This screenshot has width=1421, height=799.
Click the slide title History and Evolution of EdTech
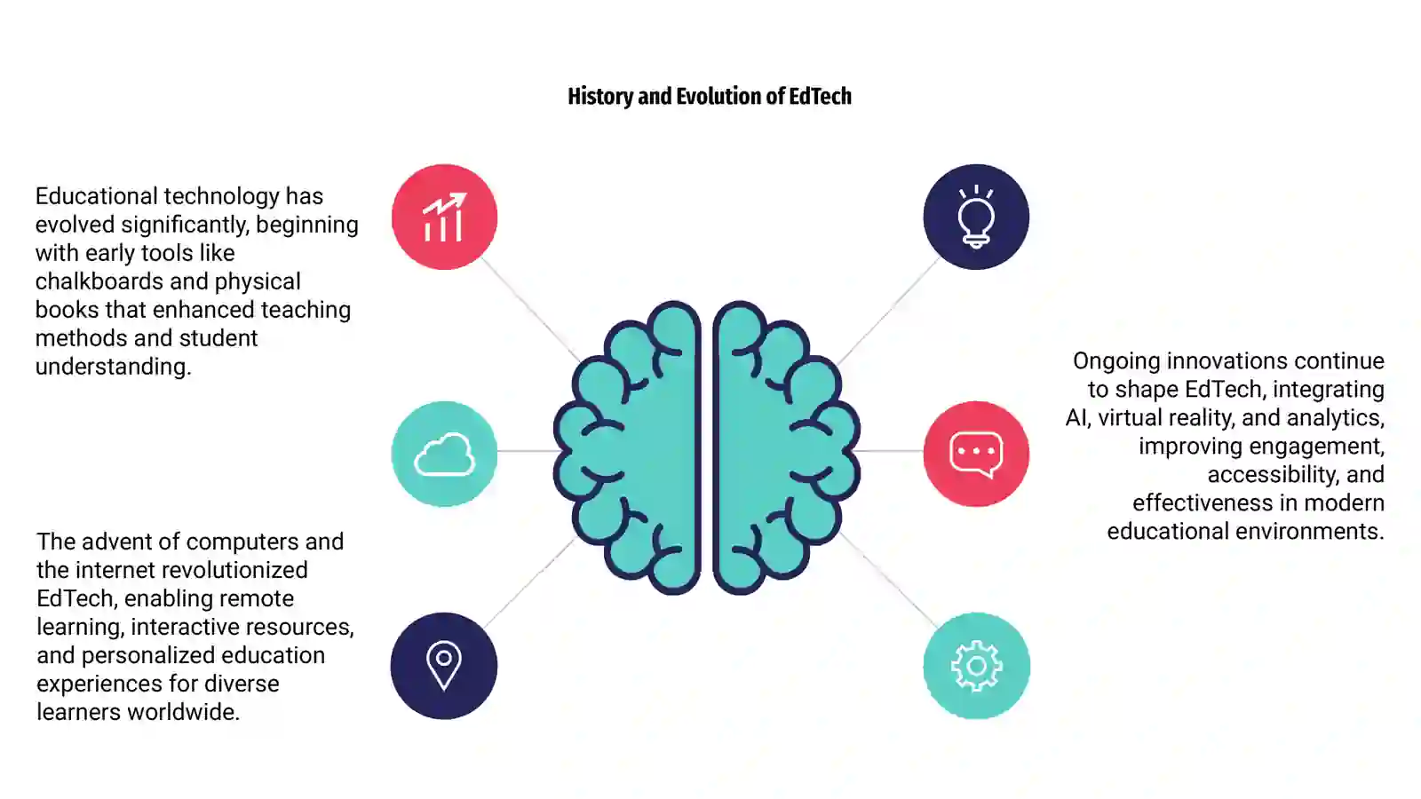pos(710,97)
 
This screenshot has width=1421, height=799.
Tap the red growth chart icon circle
pos(444,217)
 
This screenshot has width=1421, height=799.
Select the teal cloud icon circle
pos(444,454)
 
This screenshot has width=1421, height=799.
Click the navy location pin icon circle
pos(444,666)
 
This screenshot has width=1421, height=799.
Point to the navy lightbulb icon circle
pos(976,217)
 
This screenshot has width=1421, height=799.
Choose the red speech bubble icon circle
pos(976,454)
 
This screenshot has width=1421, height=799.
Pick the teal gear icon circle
pos(976,666)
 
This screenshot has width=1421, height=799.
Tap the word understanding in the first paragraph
pos(113,367)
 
